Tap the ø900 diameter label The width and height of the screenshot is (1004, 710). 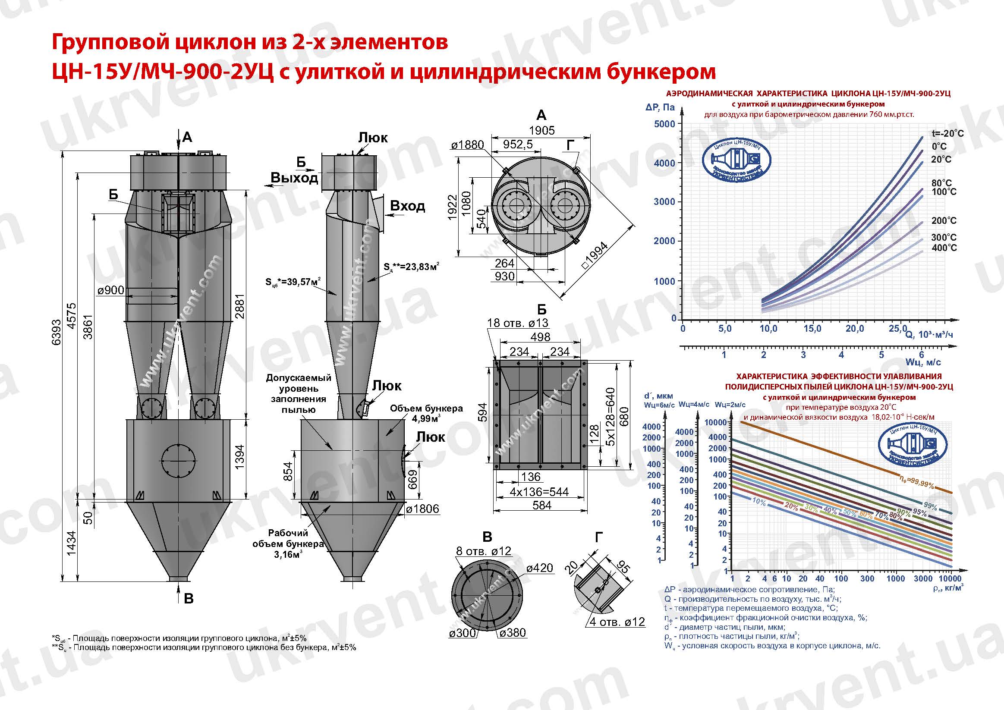tap(110, 290)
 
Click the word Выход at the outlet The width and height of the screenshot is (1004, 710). tap(294, 178)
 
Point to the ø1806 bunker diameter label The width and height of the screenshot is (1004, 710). tap(422, 509)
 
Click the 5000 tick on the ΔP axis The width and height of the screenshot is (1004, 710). tap(664, 124)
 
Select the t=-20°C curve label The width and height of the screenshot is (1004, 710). tap(947, 133)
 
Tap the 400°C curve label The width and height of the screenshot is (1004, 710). tap(944, 248)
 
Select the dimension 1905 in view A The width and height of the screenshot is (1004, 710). tap(541, 130)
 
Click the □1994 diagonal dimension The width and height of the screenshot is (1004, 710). tap(595, 256)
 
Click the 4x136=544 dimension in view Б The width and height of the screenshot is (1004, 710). tap(539, 492)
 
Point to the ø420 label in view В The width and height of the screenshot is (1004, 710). tap(540, 568)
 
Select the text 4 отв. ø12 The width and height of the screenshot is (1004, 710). tap(617, 622)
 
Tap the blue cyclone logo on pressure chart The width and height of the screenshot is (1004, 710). tap(736, 161)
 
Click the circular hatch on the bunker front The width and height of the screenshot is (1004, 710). tap(179, 461)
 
